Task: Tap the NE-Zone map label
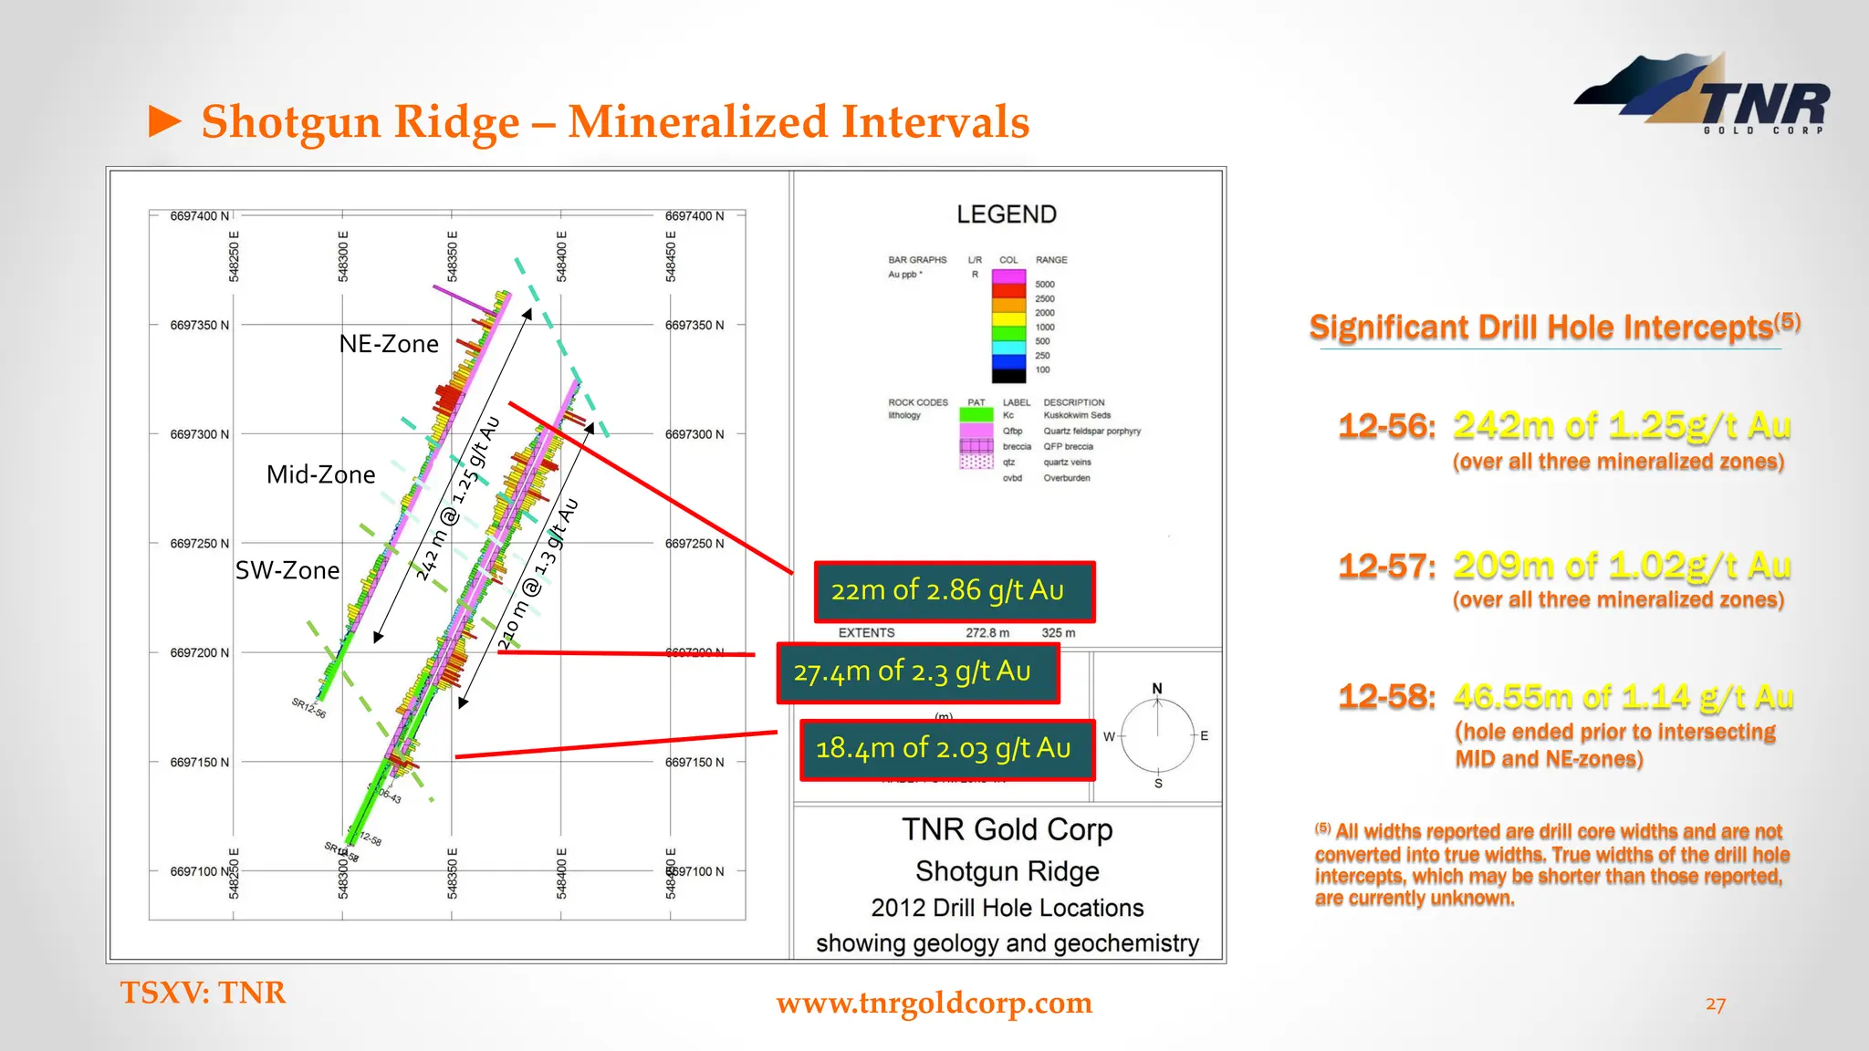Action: point(389,344)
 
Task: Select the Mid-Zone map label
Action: point(320,474)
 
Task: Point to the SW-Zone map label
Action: point(287,570)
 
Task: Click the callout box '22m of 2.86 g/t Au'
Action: point(954,591)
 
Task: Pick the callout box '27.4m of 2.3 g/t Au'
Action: point(917,672)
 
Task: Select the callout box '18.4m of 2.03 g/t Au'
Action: point(946,749)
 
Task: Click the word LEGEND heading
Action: point(1007,214)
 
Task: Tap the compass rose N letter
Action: point(1157,689)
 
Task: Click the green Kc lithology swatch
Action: point(976,415)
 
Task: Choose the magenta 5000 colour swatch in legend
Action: point(1008,276)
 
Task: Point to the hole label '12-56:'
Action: point(1386,426)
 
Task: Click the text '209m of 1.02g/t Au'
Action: point(1621,566)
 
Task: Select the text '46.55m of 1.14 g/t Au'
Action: point(1623,697)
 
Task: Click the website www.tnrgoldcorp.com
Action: point(934,1003)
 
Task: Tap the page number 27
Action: point(1715,1004)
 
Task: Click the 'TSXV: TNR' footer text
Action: point(203,993)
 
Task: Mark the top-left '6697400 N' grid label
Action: point(199,216)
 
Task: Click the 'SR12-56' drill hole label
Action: point(308,708)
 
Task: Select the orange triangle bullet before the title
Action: point(165,121)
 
